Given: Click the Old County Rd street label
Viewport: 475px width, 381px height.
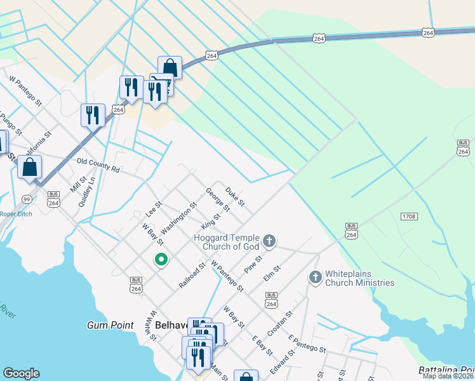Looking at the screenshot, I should (x=98, y=165).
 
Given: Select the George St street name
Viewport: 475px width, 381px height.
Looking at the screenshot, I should (x=218, y=199).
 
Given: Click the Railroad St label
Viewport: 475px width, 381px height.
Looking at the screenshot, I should (x=192, y=276).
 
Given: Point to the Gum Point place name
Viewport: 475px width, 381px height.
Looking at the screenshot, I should (x=110, y=325).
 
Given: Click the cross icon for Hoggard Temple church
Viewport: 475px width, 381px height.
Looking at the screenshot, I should (x=269, y=241).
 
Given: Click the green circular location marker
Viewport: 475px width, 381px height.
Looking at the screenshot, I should (x=161, y=259).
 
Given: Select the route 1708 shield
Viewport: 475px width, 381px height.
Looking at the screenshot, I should (x=409, y=217).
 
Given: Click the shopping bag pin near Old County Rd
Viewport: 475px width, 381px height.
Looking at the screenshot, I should (x=29, y=168).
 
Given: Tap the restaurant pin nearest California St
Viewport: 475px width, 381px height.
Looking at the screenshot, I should (x=93, y=116).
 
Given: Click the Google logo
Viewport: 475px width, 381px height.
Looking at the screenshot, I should (x=21, y=373).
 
